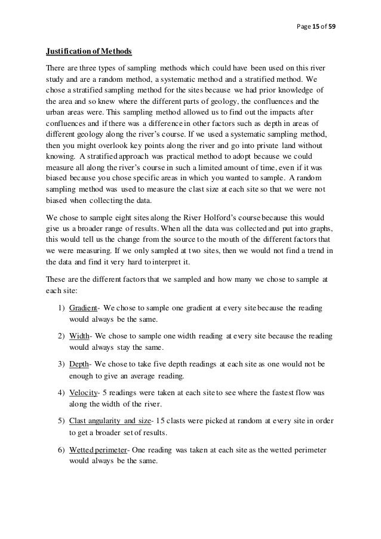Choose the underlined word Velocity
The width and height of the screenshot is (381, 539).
[83, 395]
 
